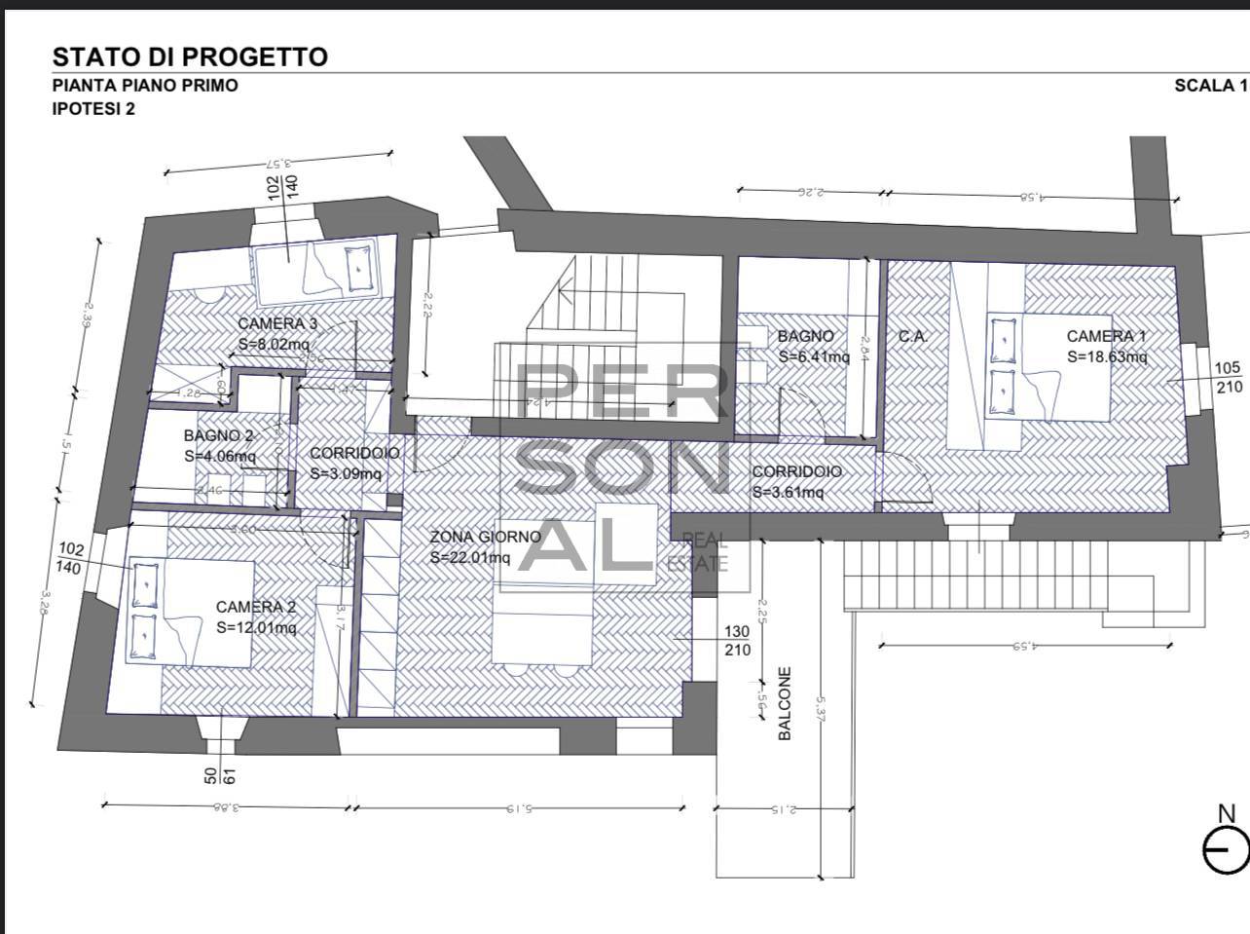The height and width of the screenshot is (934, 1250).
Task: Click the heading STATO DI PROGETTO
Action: point(190,56)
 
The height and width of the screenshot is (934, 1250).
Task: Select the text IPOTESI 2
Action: point(93,109)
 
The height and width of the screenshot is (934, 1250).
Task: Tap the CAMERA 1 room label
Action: point(1106,337)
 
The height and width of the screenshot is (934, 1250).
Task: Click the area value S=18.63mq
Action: point(1107,357)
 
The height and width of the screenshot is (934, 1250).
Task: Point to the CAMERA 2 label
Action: point(256,608)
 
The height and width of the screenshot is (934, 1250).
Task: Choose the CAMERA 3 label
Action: point(277,324)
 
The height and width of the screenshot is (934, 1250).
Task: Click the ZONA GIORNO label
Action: point(485,537)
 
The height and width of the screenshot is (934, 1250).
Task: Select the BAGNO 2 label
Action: point(219,435)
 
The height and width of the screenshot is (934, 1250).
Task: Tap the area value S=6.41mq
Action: point(814,356)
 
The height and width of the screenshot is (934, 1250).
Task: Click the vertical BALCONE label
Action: point(785,703)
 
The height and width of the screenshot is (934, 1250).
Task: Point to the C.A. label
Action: point(912,337)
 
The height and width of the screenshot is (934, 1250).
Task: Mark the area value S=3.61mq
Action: point(788,493)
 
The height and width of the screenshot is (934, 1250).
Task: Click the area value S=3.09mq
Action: point(346,474)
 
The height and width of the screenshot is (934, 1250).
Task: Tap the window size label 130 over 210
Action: point(738,641)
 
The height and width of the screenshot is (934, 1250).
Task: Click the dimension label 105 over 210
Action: point(1229,377)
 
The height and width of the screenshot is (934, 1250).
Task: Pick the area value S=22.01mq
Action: point(470,558)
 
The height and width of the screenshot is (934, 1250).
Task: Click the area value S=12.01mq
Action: point(256,628)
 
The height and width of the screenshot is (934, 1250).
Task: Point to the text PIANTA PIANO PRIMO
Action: point(145,86)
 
